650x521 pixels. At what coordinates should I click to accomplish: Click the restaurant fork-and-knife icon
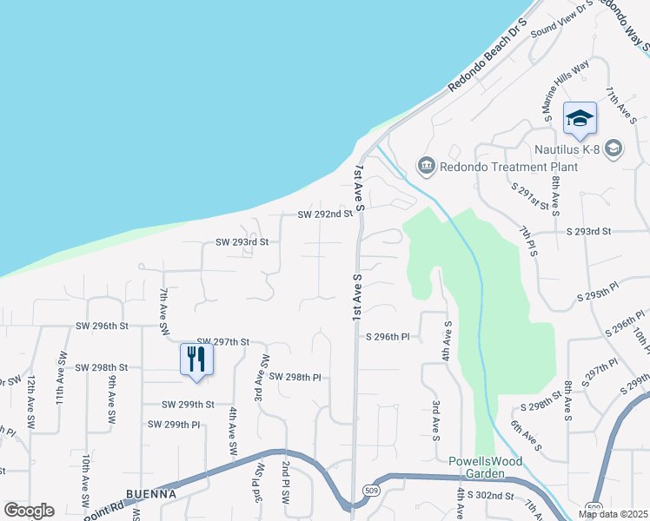[196, 358]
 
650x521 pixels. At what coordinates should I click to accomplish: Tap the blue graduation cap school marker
[579, 118]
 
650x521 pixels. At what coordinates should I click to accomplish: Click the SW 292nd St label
[326, 214]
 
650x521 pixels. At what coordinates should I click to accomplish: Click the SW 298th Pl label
[295, 377]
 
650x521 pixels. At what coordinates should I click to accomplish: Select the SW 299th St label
[188, 405]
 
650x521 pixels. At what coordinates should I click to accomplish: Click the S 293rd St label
[589, 232]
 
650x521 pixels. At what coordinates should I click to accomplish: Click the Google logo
[29, 511]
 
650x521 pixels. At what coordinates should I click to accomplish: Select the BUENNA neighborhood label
[151, 493]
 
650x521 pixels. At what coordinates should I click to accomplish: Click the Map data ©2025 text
[613, 514]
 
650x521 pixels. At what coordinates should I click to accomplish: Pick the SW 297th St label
[223, 343]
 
